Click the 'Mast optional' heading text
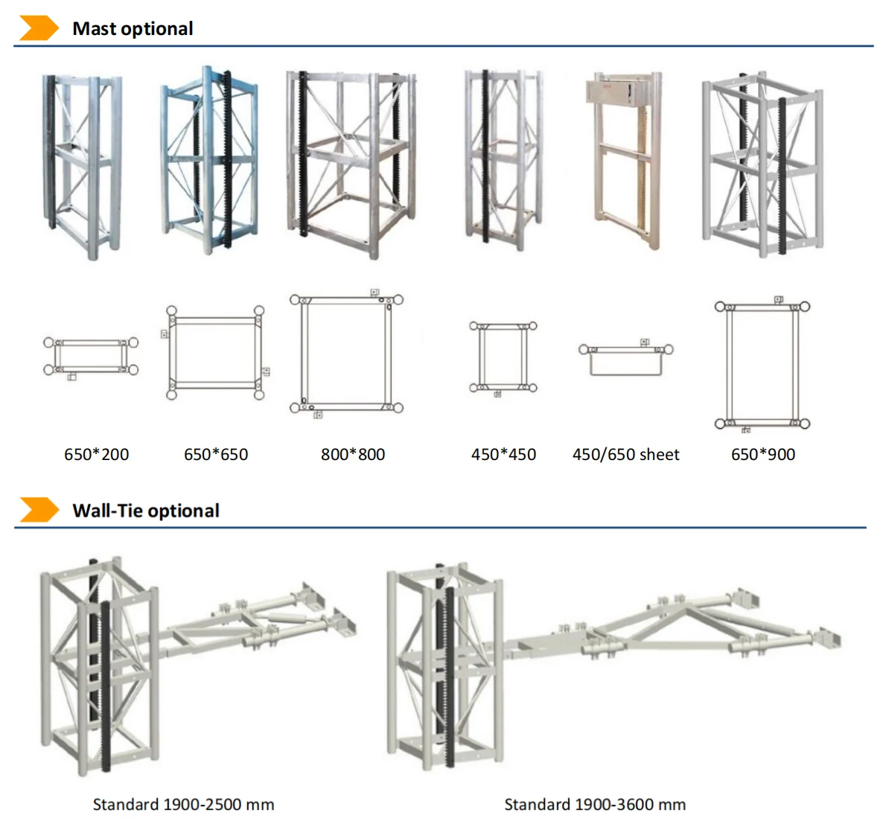tap(133, 29)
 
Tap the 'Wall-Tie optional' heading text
tap(146, 511)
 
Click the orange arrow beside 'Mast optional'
tap(39, 28)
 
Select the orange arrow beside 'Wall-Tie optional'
tap(39, 510)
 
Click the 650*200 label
tap(96, 454)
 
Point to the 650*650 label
tap(216, 454)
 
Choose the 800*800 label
tap(353, 454)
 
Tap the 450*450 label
tap(503, 454)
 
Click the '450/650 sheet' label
tap(625, 454)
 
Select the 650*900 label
tap(763, 454)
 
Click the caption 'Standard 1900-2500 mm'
tap(183, 805)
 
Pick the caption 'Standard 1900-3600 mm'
tap(595, 805)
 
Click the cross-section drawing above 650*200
tap(91, 357)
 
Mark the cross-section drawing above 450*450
tap(503, 357)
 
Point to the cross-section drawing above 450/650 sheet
tap(626, 359)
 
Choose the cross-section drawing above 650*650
tap(215, 352)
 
